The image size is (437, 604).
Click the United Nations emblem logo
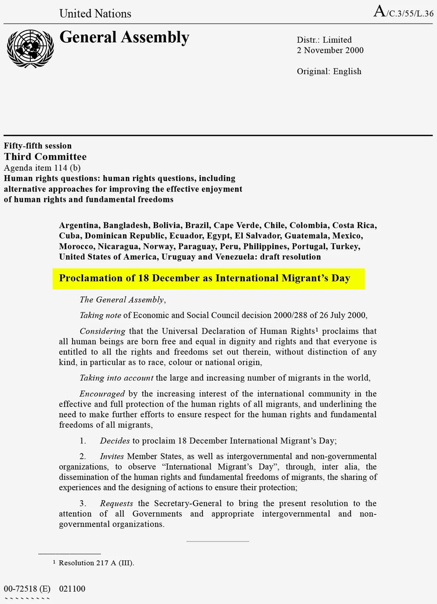click(x=30, y=49)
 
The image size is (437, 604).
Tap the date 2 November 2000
click(x=330, y=50)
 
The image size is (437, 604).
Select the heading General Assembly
click(x=124, y=37)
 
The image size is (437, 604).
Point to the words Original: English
click(x=329, y=71)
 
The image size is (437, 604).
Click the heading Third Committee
click(x=45, y=157)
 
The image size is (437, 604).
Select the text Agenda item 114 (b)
click(x=42, y=168)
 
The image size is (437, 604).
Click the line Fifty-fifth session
click(x=38, y=146)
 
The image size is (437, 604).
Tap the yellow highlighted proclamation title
click(x=208, y=278)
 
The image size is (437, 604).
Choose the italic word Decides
click(x=115, y=441)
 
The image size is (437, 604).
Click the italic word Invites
click(x=112, y=456)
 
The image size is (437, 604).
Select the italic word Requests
click(x=117, y=503)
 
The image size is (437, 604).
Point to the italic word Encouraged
click(x=102, y=394)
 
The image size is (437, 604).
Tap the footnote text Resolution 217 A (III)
click(x=96, y=563)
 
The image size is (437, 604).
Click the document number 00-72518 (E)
click(x=27, y=589)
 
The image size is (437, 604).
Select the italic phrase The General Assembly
click(x=122, y=300)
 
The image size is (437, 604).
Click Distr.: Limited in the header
click(x=324, y=40)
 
